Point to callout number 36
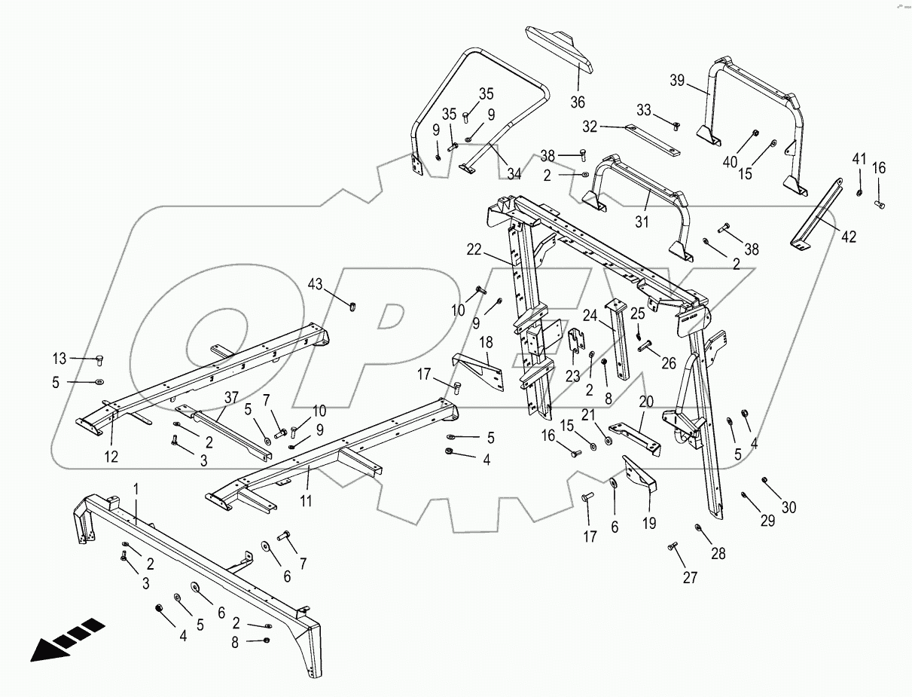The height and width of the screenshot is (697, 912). [x=577, y=102]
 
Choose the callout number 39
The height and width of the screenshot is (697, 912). [x=677, y=81]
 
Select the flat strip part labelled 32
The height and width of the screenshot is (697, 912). [x=653, y=141]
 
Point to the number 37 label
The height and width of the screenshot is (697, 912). [x=230, y=397]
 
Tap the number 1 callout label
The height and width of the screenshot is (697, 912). [x=136, y=490]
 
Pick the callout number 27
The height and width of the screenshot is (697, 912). [x=690, y=578]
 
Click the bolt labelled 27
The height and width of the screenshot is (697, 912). [x=673, y=546]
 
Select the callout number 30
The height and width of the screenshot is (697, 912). [x=788, y=507]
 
